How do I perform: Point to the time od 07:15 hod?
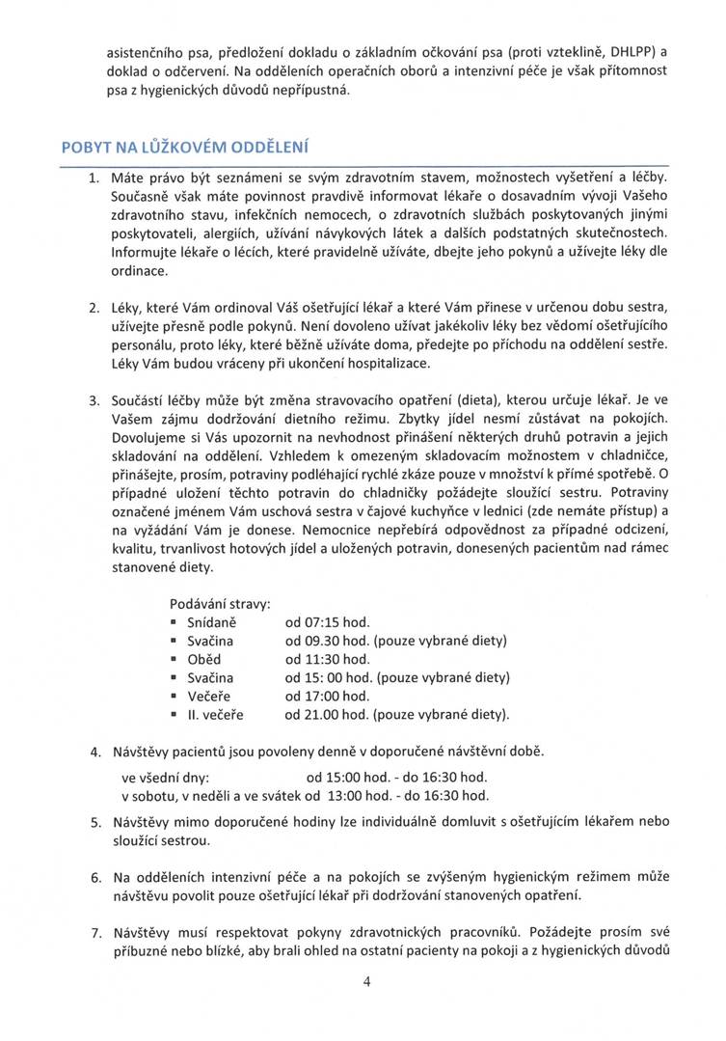coord(327,622)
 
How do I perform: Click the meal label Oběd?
coord(203,659)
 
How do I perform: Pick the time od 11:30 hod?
coord(327,659)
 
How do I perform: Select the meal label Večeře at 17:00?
coord(207,696)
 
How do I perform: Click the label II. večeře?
coord(215,714)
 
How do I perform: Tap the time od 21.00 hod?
coord(327,714)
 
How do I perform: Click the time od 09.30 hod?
coord(327,641)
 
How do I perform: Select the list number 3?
coord(94,400)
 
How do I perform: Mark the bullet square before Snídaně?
coord(174,623)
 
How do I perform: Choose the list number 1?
coord(94,178)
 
